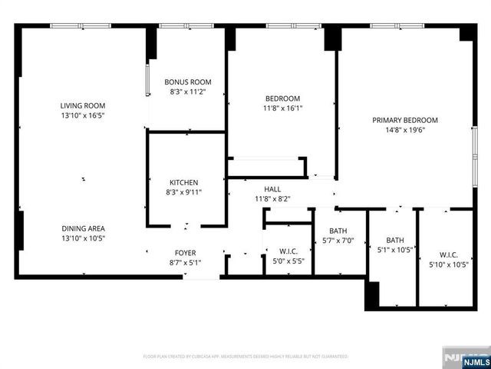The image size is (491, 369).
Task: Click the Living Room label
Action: [83, 105]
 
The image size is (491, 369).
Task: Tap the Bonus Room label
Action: [188, 82]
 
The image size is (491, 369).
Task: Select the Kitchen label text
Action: [184, 182]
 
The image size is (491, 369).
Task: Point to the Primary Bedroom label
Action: [405, 120]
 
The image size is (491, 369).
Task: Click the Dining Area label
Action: [83, 228]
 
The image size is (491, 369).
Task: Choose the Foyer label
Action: [185, 252]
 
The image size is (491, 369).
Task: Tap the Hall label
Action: [272, 189]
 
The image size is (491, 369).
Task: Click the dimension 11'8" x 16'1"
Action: [282, 108]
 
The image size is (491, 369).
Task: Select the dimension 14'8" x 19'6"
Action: [405, 130]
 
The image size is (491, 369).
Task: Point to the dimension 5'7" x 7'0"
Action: [338, 241]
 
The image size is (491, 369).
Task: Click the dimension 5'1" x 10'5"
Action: [395, 249]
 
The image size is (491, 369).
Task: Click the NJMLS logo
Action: [467, 360]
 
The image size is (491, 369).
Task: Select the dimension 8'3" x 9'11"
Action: [184, 192]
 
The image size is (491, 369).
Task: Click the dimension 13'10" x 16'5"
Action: [83, 115]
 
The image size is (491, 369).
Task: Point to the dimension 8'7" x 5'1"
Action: [185, 262]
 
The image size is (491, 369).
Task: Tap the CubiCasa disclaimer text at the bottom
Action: [245, 357]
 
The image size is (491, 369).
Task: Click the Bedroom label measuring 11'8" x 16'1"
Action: [282, 98]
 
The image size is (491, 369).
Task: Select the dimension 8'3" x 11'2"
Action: [188, 91]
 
